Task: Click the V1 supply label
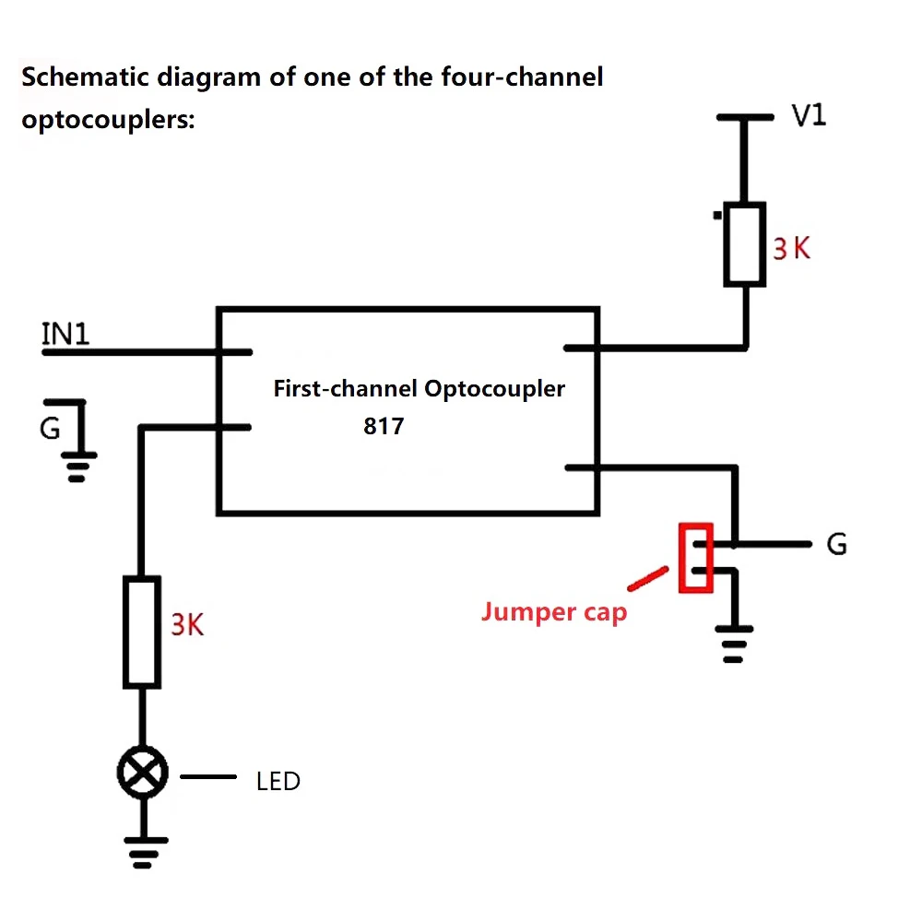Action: point(809,115)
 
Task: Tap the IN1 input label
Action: point(65,334)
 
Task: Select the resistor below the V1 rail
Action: point(744,244)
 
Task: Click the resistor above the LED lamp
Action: point(142,632)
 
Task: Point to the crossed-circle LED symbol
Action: point(142,773)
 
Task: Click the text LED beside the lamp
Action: point(278,782)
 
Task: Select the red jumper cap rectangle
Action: point(695,558)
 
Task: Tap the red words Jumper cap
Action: point(554,612)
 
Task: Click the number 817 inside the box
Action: point(384,426)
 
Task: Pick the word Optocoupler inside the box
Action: point(494,389)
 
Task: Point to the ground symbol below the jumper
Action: point(734,644)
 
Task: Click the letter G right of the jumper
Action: point(837,544)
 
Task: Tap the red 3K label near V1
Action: point(791,248)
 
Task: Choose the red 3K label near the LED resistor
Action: point(187,624)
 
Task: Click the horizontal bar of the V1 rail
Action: point(745,118)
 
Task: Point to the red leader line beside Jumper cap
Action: point(647,579)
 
